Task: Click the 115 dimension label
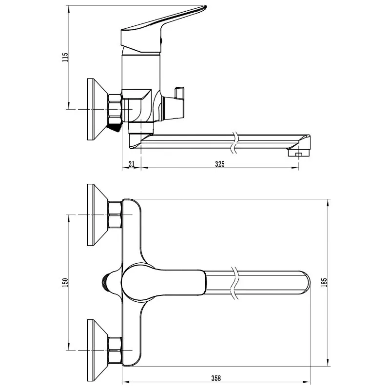[x=65, y=57]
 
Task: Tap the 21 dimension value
[x=131, y=164]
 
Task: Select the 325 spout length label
[x=220, y=164]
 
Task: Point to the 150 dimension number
[x=65, y=283]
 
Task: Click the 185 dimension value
[x=324, y=283]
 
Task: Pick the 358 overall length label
[x=216, y=378]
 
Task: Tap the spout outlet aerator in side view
[x=299, y=152]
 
